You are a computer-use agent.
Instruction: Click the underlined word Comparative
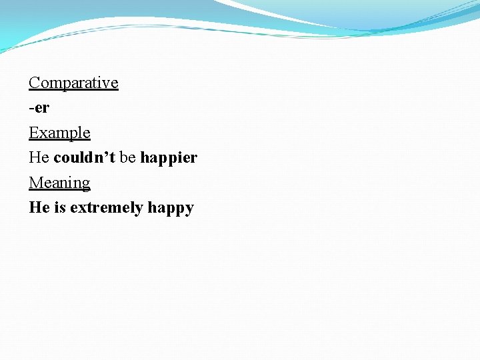click(x=73, y=83)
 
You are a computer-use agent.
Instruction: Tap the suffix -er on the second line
click(x=39, y=108)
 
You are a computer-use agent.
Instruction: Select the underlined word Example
click(x=59, y=133)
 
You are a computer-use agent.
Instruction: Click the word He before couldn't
click(x=39, y=158)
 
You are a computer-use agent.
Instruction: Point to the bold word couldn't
click(x=84, y=158)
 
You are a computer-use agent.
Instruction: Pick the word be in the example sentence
click(x=127, y=158)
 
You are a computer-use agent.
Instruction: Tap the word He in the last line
click(x=39, y=208)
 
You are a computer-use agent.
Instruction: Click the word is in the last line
click(x=60, y=208)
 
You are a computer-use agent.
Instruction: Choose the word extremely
click(x=107, y=208)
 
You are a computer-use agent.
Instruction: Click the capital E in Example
click(x=33, y=133)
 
